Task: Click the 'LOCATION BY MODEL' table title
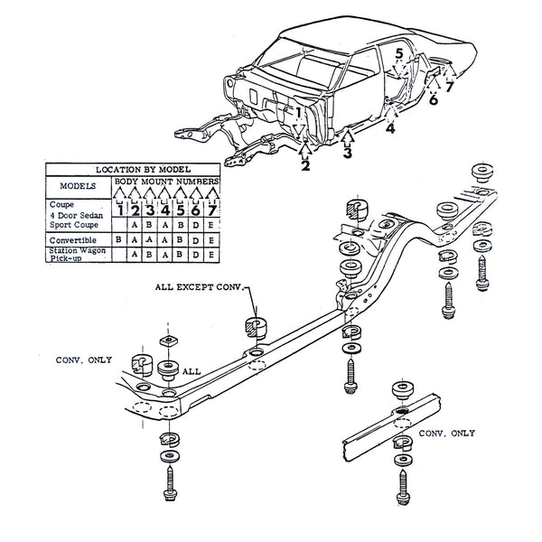point(133,169)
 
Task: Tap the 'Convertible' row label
point(70,240)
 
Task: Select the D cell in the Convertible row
point(195,240)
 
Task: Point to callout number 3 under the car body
point(348,154)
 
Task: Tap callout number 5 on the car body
point(398,55)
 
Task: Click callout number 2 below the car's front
point(305,165)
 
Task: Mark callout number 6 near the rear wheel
point(434,99)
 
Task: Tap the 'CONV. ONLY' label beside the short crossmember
point(449,433)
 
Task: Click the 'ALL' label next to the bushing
point(192,370)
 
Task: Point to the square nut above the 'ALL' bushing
point(167,341)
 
